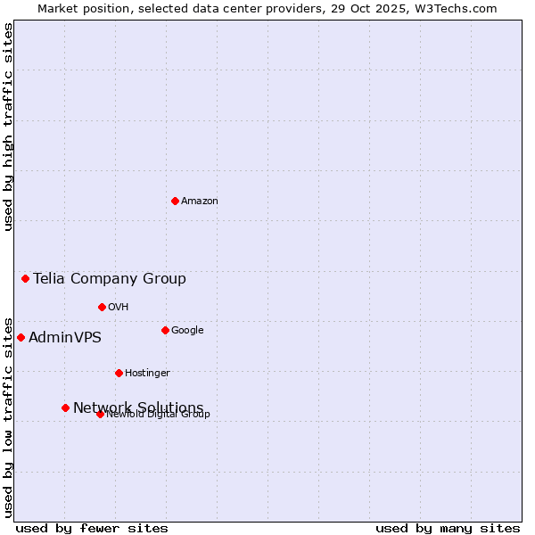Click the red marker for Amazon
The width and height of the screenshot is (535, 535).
175,201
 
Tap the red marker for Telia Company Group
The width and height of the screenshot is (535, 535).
25,279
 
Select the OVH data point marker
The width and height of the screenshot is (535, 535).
102,307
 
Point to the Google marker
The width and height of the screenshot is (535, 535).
165,330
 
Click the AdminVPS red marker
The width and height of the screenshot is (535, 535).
21,337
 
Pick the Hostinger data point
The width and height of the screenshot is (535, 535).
119,373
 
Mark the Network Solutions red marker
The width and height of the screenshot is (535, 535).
65,407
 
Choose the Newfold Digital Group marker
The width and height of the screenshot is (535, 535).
100,414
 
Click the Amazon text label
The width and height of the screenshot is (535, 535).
200,202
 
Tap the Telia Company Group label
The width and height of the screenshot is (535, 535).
110,279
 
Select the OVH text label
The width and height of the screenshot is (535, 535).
119,308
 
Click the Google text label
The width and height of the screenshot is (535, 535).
187,331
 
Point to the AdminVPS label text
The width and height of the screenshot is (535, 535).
65,338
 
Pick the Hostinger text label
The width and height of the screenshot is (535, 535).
147,374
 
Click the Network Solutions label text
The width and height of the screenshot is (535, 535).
138,407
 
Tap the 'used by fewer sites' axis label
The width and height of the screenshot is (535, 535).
92,528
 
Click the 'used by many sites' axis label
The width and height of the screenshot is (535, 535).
448,528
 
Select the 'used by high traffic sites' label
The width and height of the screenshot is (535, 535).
8,127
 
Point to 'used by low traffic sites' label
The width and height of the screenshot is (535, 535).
8,416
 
